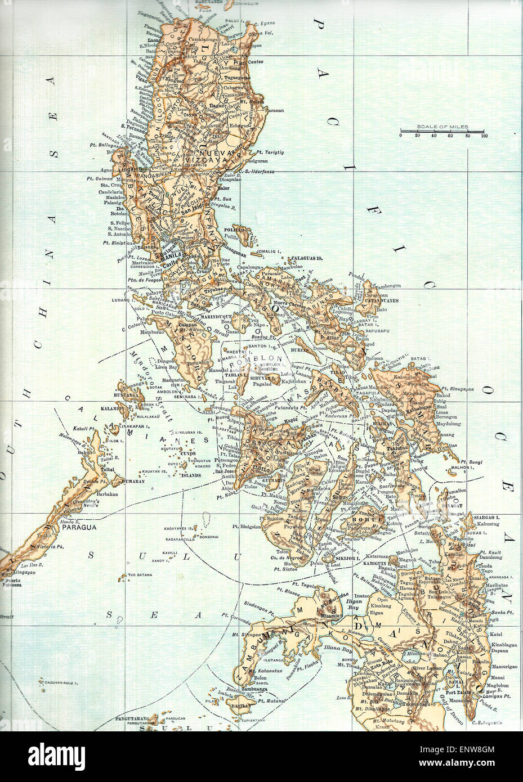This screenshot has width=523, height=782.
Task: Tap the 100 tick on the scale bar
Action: point(484,136)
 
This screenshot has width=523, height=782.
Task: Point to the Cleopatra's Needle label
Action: point(90,502)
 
